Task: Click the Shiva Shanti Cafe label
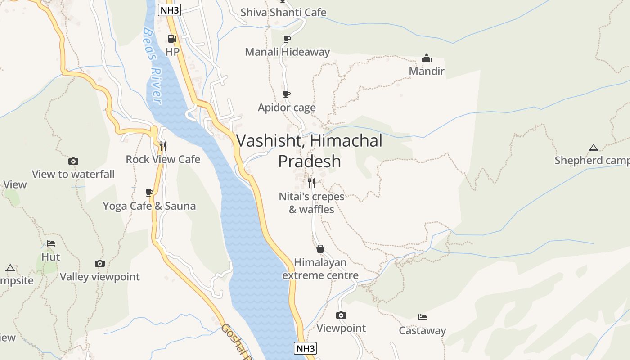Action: pos(283,12)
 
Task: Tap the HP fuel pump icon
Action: pos(172,39)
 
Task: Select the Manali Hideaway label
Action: pos(287,52)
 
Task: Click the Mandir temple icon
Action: pos(426,58)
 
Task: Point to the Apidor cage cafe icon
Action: pos(286,94)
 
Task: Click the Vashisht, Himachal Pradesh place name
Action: pos(309,151)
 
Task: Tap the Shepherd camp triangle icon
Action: pos(594,148)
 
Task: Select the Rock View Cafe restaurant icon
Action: pos(163,146)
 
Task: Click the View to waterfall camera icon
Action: pos(73,161)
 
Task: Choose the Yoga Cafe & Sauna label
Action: pos(149,206)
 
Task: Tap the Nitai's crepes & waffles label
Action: pos(311,203)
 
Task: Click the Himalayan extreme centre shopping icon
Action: pos(320,249)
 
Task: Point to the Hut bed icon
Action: pos(51,243)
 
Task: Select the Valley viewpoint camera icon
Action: pos(100,263)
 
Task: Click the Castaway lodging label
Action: pos(422,331)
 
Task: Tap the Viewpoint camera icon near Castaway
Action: pos(341,315)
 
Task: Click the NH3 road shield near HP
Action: pos(169,10)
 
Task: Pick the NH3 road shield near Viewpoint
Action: pos(305,348)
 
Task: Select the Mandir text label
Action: pos(426,71)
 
